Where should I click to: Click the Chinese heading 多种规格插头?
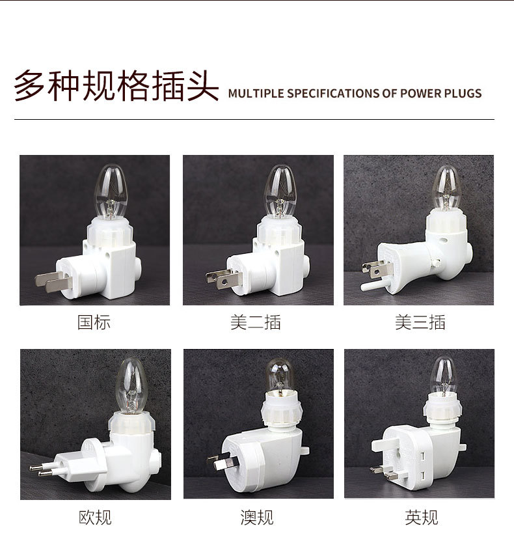coord(116,85)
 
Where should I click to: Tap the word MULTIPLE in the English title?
coord(255,93)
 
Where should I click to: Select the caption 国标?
coord(94,322)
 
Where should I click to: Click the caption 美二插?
coord(256,322)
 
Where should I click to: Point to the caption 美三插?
coord(420,322)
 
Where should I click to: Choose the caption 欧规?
coord(95,518)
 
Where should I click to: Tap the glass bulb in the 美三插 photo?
coord(446,189)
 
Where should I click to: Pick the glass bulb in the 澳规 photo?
coord(282,375)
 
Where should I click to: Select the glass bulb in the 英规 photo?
coord(442,376)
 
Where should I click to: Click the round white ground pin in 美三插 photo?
coord(373,285)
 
